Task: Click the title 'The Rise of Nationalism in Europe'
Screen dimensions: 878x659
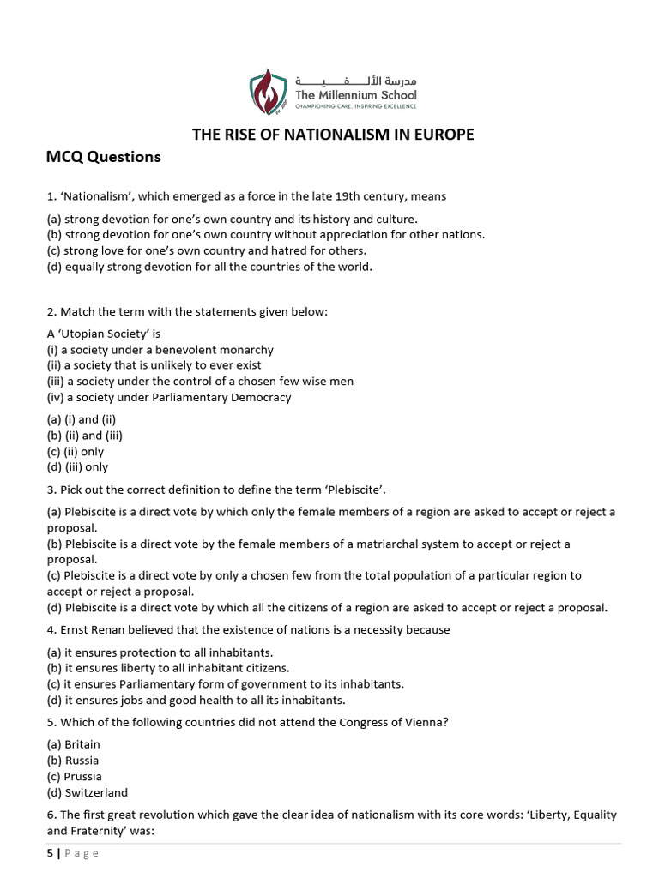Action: (332, 134)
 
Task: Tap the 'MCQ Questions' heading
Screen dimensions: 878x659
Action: (103, 157)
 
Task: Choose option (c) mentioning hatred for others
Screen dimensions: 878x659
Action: (206, 250)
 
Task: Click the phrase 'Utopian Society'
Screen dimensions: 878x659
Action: (106, 334)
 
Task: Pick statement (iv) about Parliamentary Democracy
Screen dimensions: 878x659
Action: (169, 397)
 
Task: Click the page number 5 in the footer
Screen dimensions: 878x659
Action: (49, 853)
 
